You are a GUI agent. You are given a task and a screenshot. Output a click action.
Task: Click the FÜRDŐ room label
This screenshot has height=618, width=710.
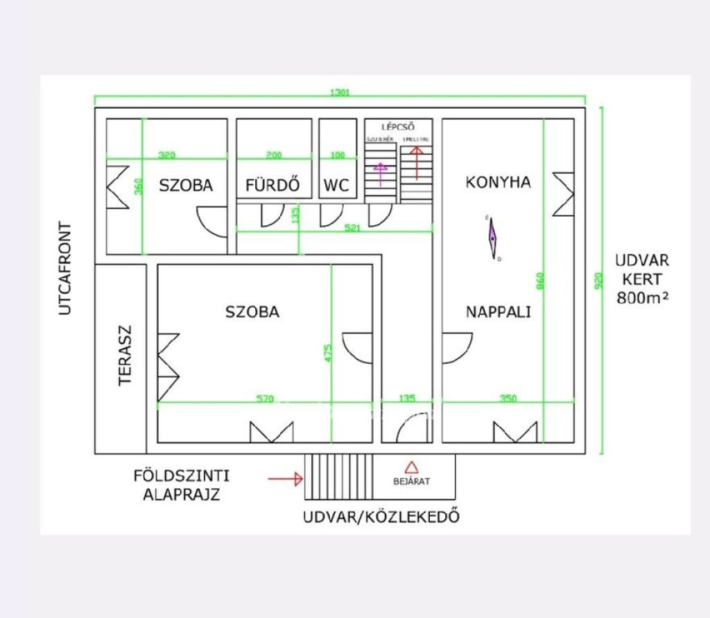pyautogui.click(x=272, y=186)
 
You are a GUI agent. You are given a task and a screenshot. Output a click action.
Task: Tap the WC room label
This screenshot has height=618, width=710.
pyautogui.click(x=336, y=186)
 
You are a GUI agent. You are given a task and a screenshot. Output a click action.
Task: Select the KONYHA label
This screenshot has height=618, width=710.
pyautogui.click(x=498, y=182)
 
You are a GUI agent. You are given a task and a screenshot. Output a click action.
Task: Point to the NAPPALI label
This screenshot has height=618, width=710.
pyautogui.click(x=498, y=312)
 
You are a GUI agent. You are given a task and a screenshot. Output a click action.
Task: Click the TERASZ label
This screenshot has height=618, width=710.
pyautogui.click(x=125, y=355)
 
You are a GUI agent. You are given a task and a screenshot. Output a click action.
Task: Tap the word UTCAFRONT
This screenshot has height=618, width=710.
pyautogui.click(x=65, y=268)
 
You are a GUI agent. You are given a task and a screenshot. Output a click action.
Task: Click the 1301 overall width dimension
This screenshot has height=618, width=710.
pyautogui.click(x=340, y=92)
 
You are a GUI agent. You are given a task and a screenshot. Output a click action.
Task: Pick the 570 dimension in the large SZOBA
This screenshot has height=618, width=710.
pyautogui.click(x=264, y=399)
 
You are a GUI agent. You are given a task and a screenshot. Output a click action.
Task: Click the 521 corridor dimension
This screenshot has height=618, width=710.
pyautogui.click(x=352, y=227)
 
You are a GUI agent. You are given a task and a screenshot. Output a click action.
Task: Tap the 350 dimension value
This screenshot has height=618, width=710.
pyautogui.click(x=508, y=399)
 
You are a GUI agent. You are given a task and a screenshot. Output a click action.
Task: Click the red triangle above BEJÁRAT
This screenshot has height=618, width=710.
pyautogui.click(x=410, y=468)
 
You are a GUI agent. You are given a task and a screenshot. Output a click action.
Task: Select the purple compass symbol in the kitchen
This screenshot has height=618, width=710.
pyautogui.click(x=492, y=238)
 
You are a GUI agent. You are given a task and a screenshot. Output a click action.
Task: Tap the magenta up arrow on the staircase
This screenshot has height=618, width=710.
pyautogui.click(x=380, y=174)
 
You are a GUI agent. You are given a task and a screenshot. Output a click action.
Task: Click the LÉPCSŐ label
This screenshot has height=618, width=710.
pyautogui.click(x=398, y=127)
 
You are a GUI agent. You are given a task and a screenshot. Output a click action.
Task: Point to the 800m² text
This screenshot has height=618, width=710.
pyautogui.click(x=641, y=298)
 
